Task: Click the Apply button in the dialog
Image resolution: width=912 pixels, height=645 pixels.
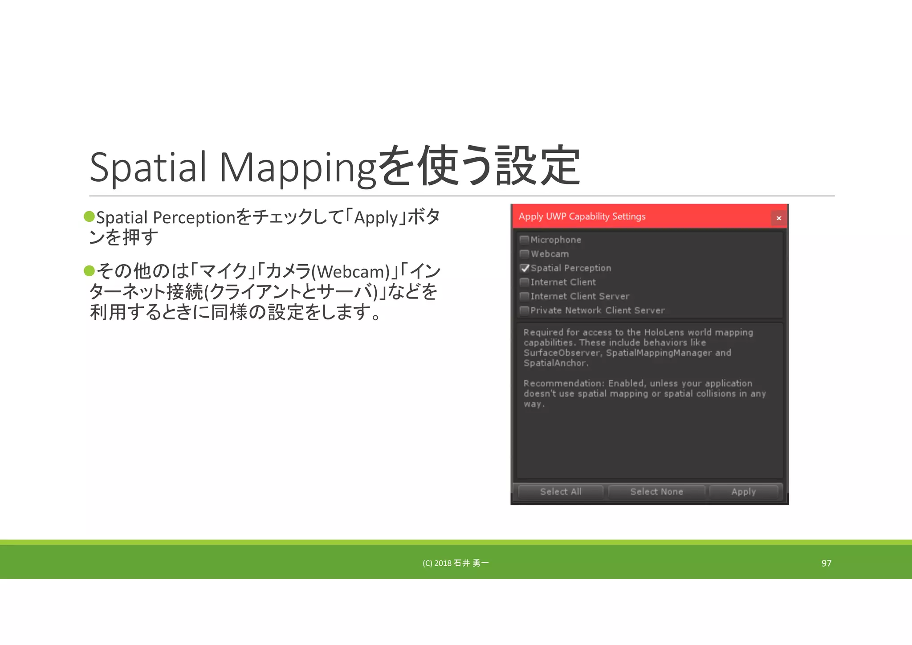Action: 743,492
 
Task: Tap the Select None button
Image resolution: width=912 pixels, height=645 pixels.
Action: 656,492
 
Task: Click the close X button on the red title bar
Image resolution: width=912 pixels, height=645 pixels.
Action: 778,218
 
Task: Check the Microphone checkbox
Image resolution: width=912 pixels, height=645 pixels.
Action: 525,240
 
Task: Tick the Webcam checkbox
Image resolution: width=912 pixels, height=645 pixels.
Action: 525,254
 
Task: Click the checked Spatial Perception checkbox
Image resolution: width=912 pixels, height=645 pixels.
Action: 525,268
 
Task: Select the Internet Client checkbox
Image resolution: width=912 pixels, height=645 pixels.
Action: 525,282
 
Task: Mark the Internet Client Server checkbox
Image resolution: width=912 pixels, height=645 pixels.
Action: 525,296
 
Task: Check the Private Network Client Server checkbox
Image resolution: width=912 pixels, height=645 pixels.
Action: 525,310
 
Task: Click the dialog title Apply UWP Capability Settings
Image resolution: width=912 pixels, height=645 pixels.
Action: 582,216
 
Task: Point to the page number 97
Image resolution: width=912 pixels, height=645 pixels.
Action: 826,563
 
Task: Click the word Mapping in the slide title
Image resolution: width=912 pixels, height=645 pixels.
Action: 297,167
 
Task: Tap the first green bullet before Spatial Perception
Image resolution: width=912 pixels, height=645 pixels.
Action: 90,216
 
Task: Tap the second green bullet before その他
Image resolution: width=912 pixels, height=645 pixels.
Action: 90,270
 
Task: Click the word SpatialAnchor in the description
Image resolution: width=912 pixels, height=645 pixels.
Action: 555,363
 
